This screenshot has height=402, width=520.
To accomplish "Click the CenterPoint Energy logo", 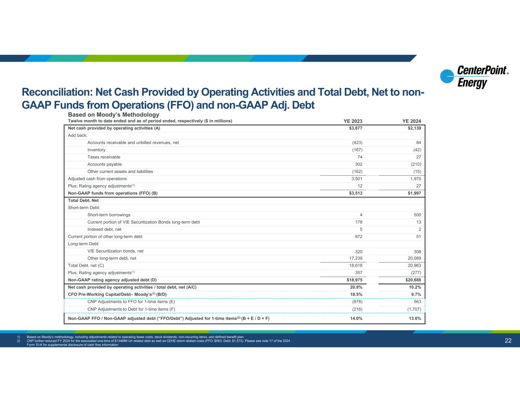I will click(474, 77).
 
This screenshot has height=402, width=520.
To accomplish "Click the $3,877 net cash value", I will click(356, 128).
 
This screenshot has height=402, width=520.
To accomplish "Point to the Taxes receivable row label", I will click(104, 157).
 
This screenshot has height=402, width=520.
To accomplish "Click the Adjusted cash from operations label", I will click(97, 179).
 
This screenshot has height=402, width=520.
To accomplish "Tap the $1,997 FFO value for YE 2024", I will click(414, 193).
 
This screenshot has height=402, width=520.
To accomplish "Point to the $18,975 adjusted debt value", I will click(355, 280).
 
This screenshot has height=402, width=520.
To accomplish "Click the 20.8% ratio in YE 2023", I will click(356, 287).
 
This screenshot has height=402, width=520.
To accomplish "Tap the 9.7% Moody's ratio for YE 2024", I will click(416, 295).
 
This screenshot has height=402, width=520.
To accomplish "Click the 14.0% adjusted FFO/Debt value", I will click(356, 319).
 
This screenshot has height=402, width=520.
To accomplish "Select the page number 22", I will click(508, 341).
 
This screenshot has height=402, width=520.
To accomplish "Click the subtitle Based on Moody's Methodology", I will click(114, 115).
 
